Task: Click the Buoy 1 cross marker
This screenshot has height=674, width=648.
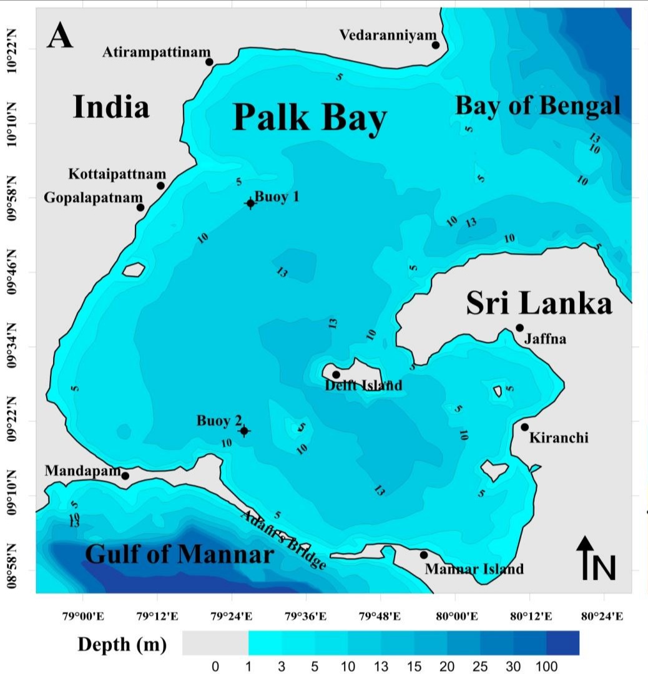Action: pyautogui.click(x=250, y=203)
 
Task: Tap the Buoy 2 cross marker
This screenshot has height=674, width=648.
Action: pyautogui.click(x=244, y=431)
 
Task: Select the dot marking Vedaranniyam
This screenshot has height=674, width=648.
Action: pyautogui.click(x=436, y=44)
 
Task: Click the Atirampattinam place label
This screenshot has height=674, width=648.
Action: pyautogui.click(x=157, y=53)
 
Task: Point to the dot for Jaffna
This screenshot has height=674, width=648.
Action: pyautogui.click(x=519, y=328)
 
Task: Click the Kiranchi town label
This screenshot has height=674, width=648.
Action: pyautogui.click(x=558, y=438)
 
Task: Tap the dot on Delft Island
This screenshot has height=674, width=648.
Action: pyautogui.click(x=336, y=374)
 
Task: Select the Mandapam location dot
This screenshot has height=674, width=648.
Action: pyautogui.click(x=125, y=476)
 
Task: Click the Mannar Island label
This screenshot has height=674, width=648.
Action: pyautogui.click(x=474, y=569)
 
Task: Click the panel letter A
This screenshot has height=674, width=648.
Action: pyautogui.click(x=61, y=36)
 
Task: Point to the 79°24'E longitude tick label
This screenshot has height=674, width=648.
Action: pyautogui.click(x=232, y=617)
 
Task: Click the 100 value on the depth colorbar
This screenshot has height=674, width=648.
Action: pyautogui.click(x=546, y=667)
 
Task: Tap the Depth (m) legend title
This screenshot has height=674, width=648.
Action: pyautogui.click(x=122, y=645)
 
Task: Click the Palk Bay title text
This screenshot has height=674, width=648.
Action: pyautogui.click(x=310, y=117)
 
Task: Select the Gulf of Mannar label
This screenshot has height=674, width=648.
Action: pyautogui.click(x=179, y=554)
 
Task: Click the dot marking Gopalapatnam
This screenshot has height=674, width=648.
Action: pyautogui.click(x=140, y=207)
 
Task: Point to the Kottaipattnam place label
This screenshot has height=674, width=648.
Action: pyautogui.click(x=117, y=173)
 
